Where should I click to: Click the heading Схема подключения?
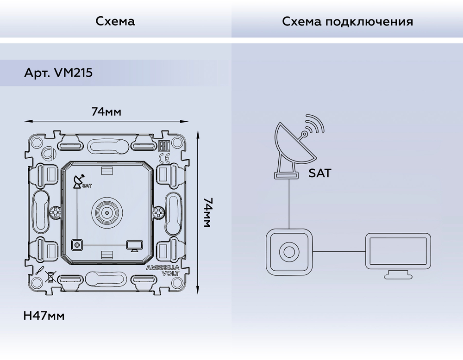click(347, 21)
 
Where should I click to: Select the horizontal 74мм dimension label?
click(106, 112)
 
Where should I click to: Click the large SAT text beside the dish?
click(320, 174)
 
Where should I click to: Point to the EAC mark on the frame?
click(163, 147)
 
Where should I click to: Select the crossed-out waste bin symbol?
click(49, 279)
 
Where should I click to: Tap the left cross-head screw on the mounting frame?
click(55, 213)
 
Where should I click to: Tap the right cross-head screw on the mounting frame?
click(159, 213)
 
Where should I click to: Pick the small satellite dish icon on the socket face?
click(79, 180)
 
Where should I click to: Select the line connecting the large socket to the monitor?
click(339, 252)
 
